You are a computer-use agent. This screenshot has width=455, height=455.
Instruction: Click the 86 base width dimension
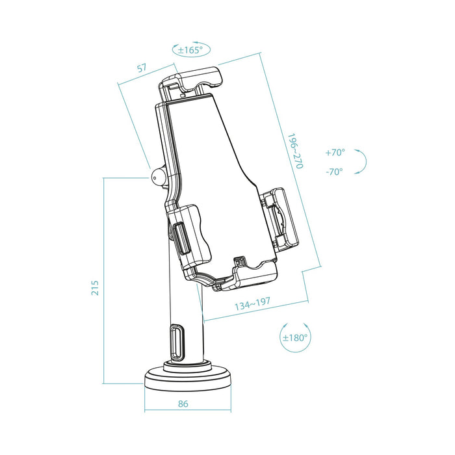(x=183, y=404)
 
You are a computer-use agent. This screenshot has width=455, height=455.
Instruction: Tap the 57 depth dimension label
(x=141, y=68)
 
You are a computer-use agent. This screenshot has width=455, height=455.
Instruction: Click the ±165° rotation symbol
(x=188, y=49)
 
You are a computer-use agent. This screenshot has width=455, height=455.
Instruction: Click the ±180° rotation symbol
(x=295, y=337)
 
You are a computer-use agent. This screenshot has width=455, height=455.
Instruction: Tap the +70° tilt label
(x=335, y=153)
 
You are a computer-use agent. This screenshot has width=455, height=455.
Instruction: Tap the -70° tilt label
(x=335, y=172)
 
